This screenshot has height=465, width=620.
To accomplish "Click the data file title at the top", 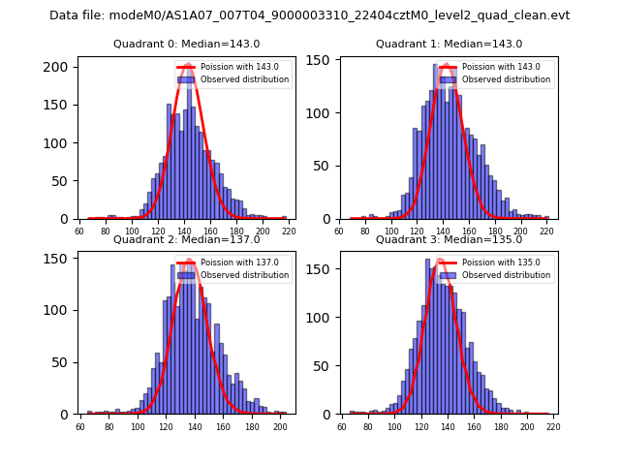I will coord(310,15).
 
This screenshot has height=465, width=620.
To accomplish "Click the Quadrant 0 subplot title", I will coord(187,44).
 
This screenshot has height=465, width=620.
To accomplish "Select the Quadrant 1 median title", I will coord(449,44).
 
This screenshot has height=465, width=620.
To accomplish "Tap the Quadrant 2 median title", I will coord(187,239).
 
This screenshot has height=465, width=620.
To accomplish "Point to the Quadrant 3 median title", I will coord(449,239).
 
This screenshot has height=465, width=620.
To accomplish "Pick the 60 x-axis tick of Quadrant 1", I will coord(339,231).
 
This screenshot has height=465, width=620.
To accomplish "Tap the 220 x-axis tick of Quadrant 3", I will coord(552,425).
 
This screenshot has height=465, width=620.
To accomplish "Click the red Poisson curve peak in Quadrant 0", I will coord(187,64).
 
